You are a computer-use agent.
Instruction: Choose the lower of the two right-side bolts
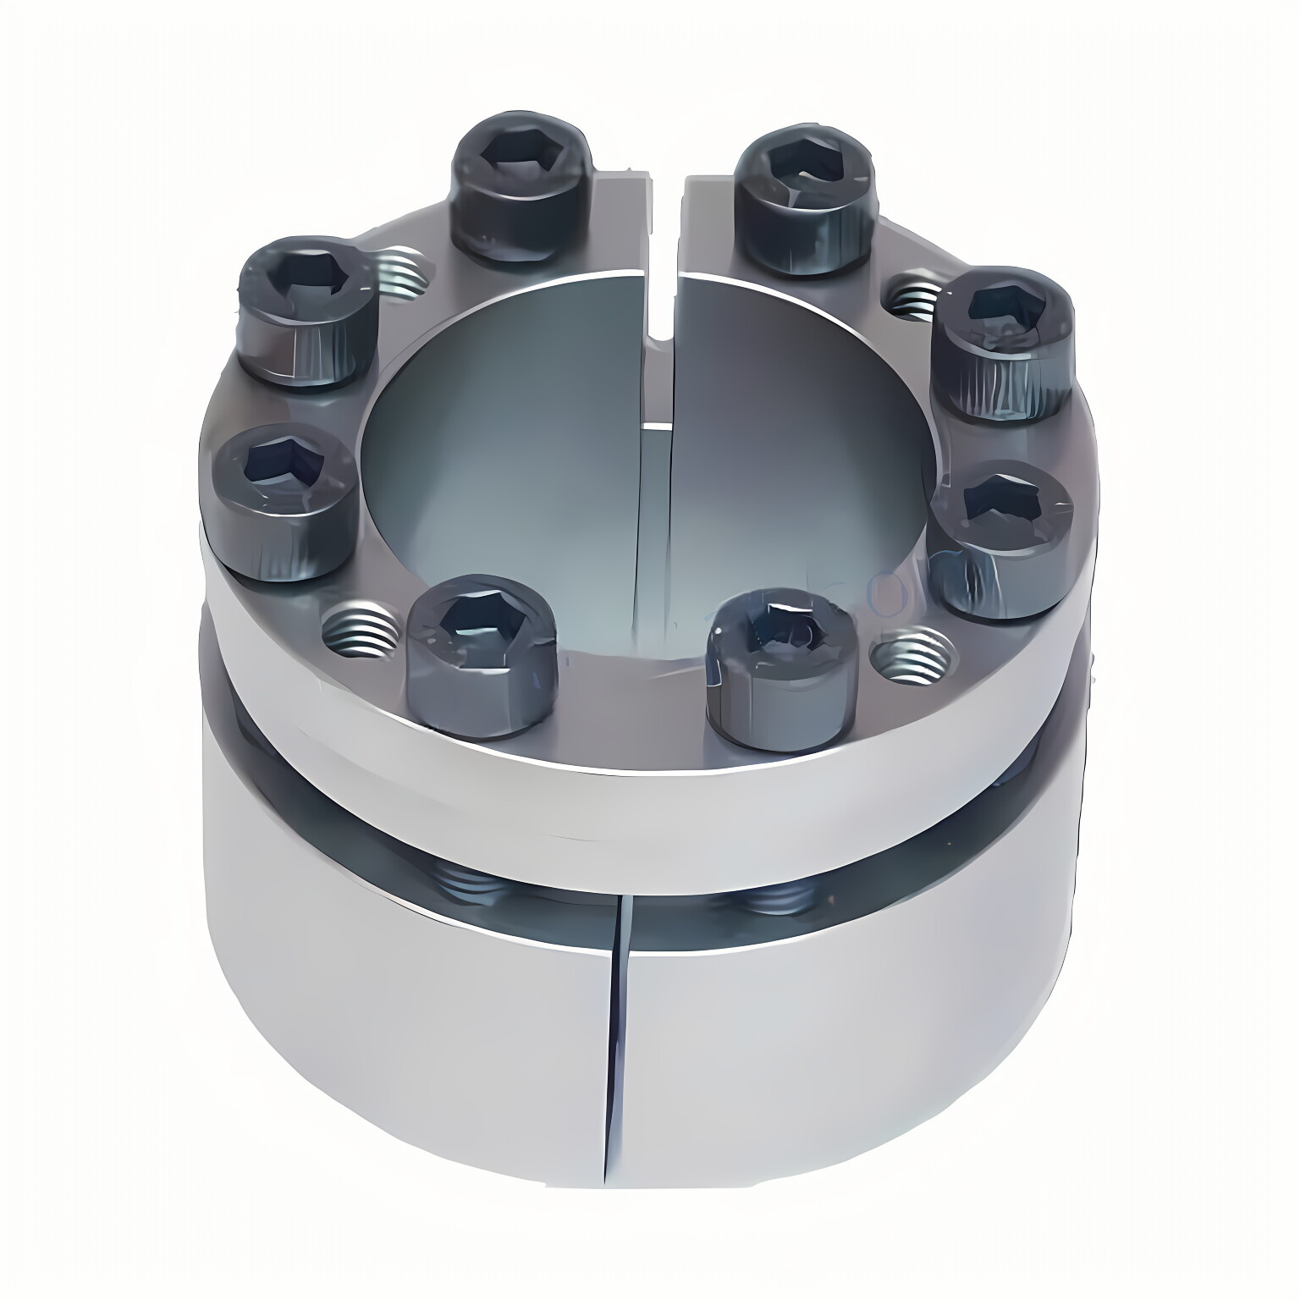[1004, 537]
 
